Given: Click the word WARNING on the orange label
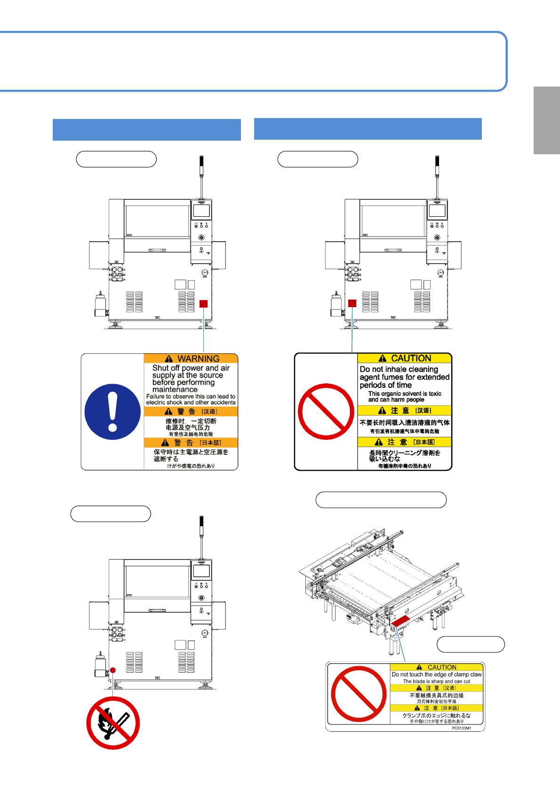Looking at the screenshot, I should point(198,359).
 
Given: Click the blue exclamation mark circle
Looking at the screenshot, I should point(112,412).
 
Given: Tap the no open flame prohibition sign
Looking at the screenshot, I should point(113,723).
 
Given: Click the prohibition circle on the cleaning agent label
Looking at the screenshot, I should point(326,412).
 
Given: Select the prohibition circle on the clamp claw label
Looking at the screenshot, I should point(359,694).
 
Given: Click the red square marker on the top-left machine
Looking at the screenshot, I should point(203,304).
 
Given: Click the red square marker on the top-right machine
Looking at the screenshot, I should point(352,303).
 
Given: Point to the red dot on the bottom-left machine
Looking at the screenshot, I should point(113,670).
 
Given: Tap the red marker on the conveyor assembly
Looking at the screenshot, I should point(400,621).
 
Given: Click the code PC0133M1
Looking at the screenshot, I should point(461,728).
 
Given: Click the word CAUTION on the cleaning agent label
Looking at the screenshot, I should point(411,358).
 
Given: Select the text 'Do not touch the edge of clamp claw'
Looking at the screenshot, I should point(436,674).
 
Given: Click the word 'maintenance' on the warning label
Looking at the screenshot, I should point(175,389).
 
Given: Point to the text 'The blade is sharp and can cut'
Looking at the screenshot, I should point(436,681).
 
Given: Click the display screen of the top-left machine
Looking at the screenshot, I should point(201,211).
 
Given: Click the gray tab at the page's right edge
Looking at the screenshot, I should point(546,120).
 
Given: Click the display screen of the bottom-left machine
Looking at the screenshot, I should point(201,571).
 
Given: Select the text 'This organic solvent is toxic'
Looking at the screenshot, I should point(404,394).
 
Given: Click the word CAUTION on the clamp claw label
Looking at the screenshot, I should point(441,667).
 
